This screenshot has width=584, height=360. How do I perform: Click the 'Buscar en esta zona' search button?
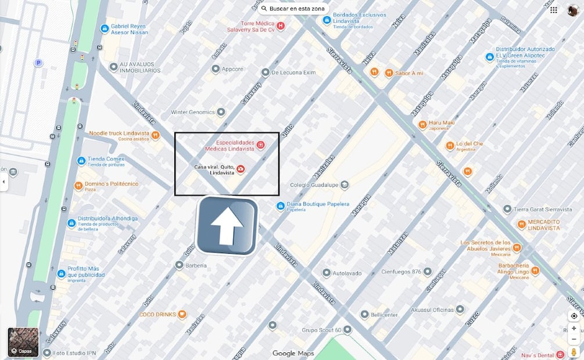click(294, 9)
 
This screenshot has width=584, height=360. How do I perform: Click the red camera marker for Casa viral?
click(241, 169)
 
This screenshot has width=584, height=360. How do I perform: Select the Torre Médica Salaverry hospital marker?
click(281, 26)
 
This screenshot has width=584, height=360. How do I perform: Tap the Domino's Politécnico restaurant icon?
click(78, 186)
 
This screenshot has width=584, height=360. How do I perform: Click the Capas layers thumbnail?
click(23, 342)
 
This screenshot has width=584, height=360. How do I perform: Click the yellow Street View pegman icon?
click(574, 352)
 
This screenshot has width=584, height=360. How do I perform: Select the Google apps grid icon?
click(554, 10)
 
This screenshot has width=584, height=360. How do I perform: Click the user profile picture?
click(573, 10)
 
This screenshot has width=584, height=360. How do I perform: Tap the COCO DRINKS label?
click(157, 315)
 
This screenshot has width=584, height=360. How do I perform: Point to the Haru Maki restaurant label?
click(442, 125)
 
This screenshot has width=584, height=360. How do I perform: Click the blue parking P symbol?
click(38, 63)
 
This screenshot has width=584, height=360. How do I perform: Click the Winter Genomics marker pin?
click(221, 112)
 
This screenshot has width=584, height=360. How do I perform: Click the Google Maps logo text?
click(293, 354)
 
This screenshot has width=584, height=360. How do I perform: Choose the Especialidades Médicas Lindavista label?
click(235, 146)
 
